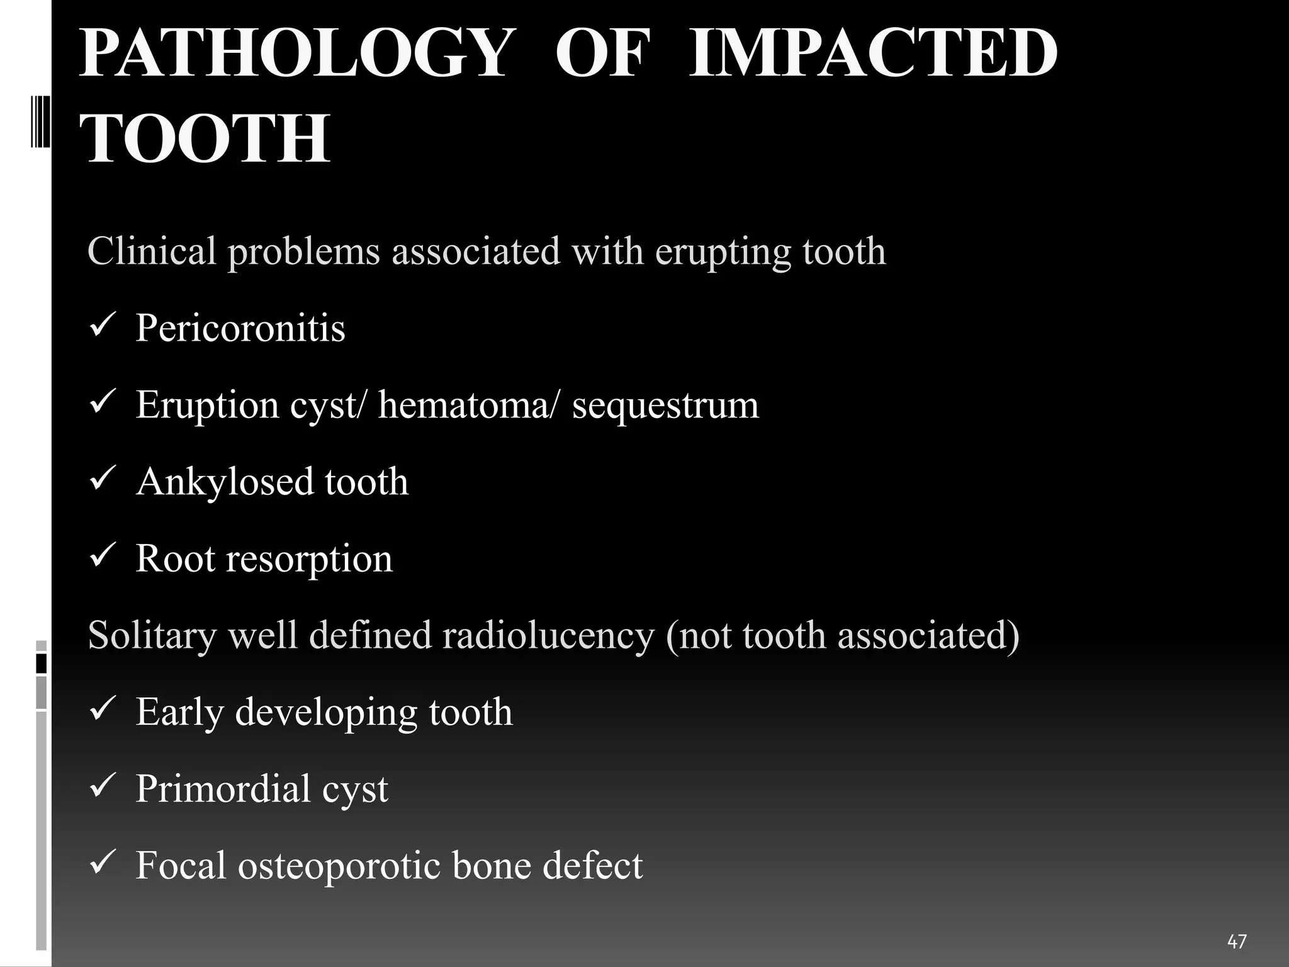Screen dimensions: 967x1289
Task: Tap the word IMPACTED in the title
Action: pos(873,54)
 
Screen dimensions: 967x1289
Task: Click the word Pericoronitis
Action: pos(240,328)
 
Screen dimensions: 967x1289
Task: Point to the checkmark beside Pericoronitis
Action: pos(101,327)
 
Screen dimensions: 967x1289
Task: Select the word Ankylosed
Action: pos(224,482)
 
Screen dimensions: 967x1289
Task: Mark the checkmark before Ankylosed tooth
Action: pos(101,480)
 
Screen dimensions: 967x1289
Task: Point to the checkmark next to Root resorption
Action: pos(101,557)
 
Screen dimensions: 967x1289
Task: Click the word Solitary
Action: pos(152,636)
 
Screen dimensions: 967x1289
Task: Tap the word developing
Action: pos(325,713)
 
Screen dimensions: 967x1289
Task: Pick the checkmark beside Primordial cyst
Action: pos(101,788)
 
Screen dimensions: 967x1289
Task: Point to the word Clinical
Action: pos(152,251)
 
